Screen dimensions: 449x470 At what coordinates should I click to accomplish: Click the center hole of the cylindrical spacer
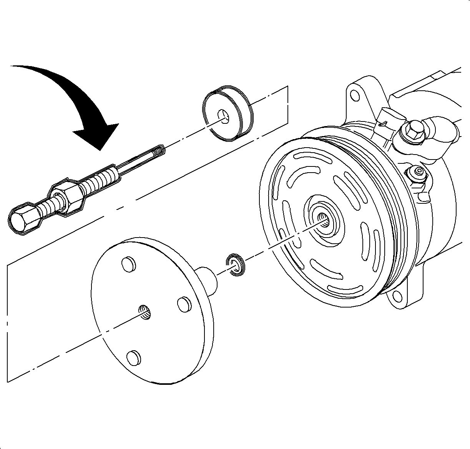[x=223, y=116]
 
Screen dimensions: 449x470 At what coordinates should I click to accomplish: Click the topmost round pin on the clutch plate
[x=128, y=264]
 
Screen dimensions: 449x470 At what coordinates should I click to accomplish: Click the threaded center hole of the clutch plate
[x=145, y=311]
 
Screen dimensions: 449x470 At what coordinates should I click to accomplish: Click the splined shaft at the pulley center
[x=325, y=221]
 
